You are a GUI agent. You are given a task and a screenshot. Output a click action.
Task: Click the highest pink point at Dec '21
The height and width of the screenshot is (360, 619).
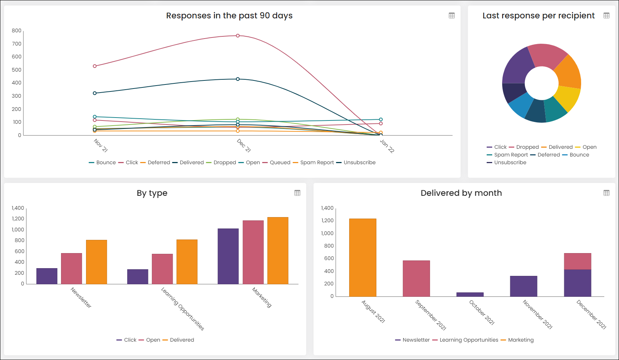point(238,36)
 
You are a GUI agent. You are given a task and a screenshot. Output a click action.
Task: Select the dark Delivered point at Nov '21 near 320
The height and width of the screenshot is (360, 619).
point(95,93)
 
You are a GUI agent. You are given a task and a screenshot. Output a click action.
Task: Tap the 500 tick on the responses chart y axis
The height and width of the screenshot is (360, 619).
point(16,69)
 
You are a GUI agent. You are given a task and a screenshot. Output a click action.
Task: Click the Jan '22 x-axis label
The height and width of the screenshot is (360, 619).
point(387,146)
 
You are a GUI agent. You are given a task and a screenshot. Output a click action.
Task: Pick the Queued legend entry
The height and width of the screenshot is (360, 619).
point(276,162)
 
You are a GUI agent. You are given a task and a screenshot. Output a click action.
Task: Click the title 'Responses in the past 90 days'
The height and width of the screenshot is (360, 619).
point(229,15)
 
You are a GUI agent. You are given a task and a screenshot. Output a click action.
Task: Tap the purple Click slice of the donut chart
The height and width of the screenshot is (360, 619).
point(516,67)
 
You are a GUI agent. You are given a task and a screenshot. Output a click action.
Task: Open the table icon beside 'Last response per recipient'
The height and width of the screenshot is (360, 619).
point(606,15)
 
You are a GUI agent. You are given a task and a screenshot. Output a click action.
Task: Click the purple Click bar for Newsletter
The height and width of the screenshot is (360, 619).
point(47,276)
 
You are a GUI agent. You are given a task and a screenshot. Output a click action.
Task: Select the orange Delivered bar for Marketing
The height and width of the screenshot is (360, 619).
point(278,251)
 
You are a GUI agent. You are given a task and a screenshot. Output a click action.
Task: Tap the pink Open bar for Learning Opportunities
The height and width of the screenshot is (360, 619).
point(162,269)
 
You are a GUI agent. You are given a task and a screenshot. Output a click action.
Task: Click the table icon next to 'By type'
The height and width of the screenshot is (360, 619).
point(297,193)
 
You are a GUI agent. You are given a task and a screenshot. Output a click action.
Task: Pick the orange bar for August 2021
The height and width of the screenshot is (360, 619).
point(362,258)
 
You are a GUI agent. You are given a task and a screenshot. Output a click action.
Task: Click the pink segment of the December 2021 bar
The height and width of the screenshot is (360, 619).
point(577,261)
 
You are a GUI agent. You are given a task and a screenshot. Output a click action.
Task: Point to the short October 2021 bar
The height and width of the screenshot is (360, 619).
point(470,295)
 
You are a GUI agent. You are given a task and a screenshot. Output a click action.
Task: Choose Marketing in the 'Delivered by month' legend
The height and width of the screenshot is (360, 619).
point(517,340)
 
